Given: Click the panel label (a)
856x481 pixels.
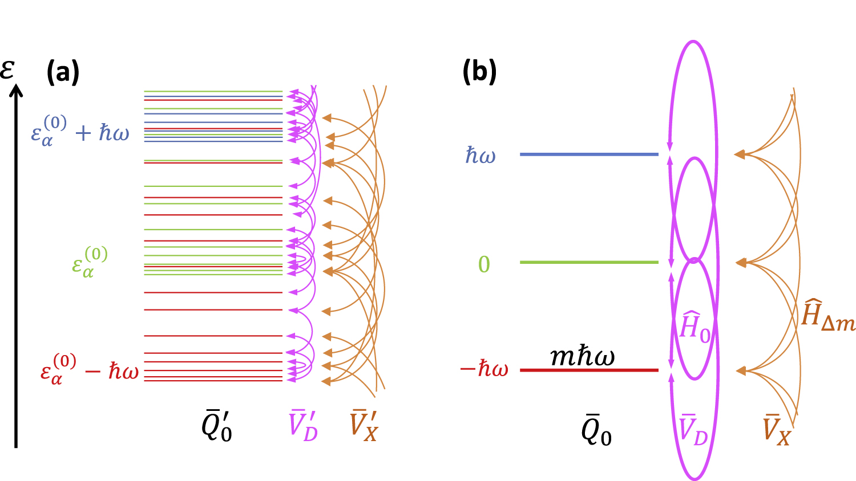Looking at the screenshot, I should pyautogui.click(x=63, y=72).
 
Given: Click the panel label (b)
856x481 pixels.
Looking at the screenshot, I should pyautogui.click(x=479, y=72).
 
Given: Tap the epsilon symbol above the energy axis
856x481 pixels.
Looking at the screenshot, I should pyautogui.click(x=7, y=69).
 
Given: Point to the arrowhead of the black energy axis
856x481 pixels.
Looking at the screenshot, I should pyautogui.click(x=17, y=90).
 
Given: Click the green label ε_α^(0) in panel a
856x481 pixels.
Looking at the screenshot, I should pyautogui.click(x=90, y=262).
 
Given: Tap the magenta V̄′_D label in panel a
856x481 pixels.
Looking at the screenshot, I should pyautogui.click(x=303, y=426).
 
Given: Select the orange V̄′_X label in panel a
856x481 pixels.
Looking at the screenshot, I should pyautogui.click(x=364, y=426).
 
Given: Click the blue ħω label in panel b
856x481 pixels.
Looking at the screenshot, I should pyautogui.click(x=481, y=155).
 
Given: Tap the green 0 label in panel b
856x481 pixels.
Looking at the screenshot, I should pyautogui.click(x=484, y=264).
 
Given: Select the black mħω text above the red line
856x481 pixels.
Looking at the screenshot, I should pyautogui.click(x=582, y=357).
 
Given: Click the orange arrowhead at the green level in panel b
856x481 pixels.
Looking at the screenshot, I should pyautogui.click(x=740, y=263).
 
